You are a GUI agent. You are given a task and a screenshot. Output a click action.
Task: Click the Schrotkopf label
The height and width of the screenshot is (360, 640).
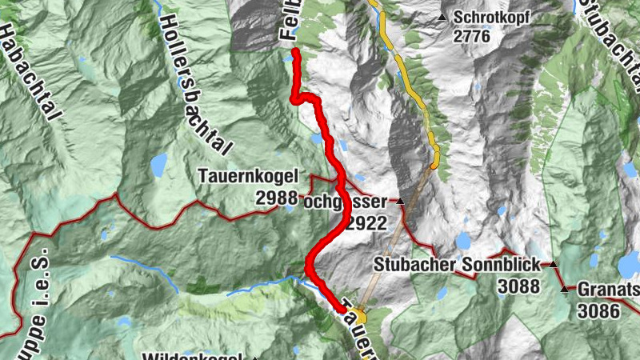tap(490, 16)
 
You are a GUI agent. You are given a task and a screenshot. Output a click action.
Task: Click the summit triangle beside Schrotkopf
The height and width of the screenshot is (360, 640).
tap(442, 16)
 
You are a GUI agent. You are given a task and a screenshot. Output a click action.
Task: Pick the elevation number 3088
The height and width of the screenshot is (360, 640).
tap(518, 285)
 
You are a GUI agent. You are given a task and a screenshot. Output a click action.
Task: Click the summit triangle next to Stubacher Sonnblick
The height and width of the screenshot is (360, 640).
tap(551, 264)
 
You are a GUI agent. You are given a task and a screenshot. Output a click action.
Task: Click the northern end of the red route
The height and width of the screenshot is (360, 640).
tap(294, 52)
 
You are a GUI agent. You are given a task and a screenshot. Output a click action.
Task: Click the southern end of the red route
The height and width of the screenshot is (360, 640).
tap(343, 309)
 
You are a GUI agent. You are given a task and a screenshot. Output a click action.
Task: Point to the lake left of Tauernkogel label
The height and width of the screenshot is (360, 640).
tap(158, 164)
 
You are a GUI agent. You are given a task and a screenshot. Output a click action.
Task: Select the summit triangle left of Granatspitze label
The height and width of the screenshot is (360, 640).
tap(566, 289)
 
